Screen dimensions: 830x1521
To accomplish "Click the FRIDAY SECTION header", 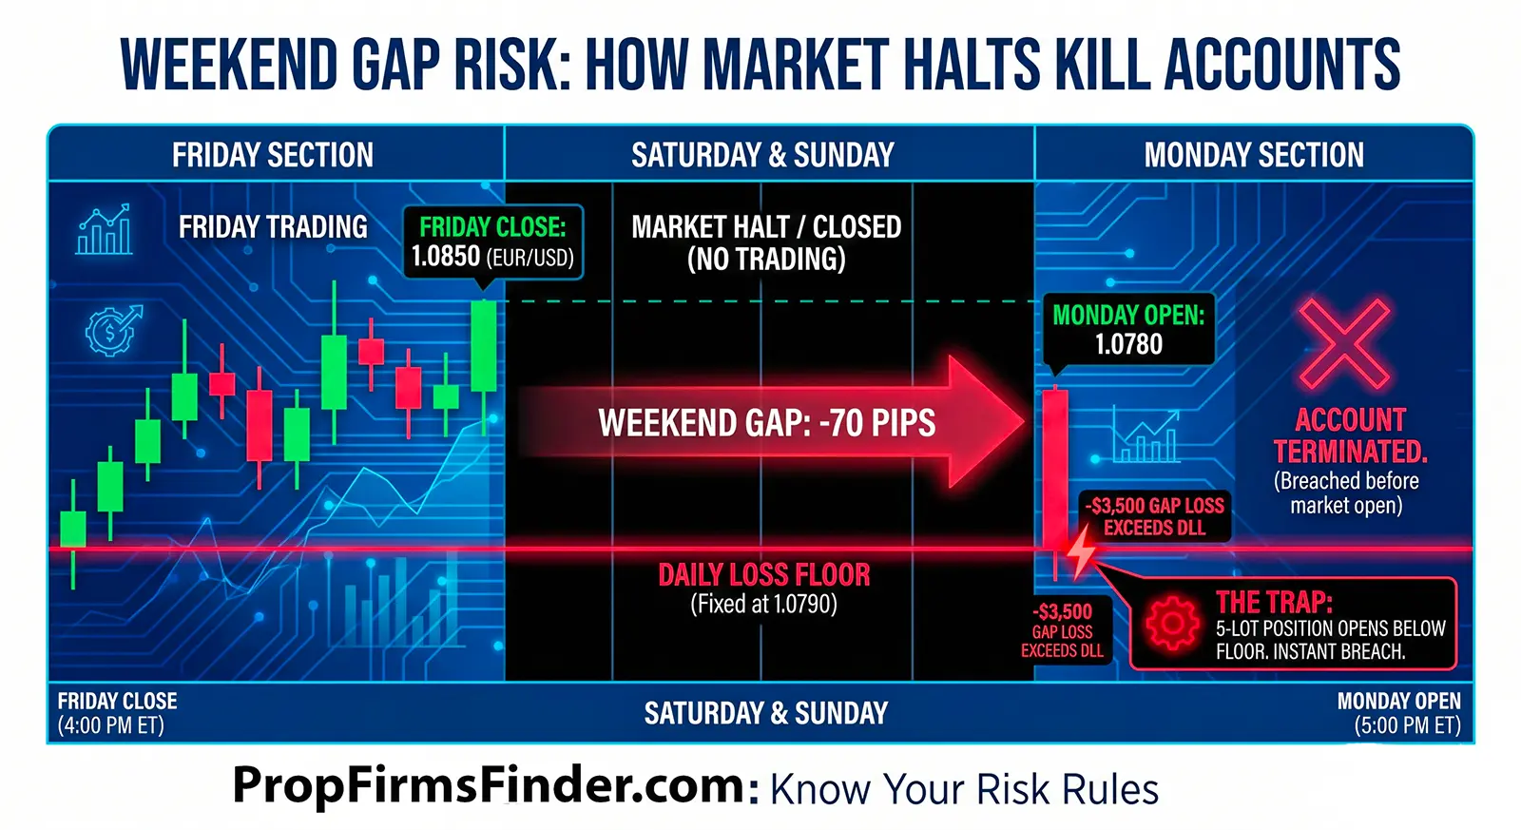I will coord(273,155).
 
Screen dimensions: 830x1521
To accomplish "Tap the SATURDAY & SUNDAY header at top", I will coord(762,155).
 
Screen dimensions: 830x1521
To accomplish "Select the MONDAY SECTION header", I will coord(1254,155).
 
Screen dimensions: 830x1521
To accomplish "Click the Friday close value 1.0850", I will coord(445,257).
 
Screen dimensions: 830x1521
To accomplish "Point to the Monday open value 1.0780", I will coord(1128,344).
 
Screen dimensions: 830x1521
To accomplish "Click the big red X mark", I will coord(1345,344).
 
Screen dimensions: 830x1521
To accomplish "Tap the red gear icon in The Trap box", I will coord(1172,625).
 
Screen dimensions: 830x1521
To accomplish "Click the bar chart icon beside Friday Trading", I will coord(105,230).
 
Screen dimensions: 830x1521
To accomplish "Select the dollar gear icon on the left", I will coord(112,331).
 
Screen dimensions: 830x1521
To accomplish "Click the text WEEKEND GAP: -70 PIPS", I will coord(766,423).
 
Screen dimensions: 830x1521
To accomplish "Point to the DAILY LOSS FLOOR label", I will coord(764,575).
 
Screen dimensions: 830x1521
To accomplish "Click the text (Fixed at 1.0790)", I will coord(764,605).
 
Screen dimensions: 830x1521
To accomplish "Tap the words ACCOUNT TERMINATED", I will coord(1350,435).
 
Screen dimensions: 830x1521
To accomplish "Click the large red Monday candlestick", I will coord(1055,466).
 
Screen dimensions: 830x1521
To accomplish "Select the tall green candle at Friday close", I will coord(484,346).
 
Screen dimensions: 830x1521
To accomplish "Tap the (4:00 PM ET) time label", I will coord(110,726).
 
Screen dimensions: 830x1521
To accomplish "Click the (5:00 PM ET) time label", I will coord(1407,726).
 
